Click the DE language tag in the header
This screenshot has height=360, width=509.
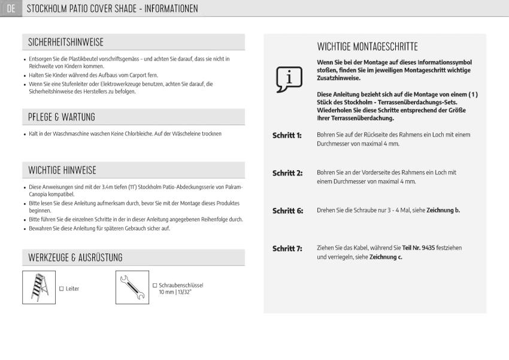click(11, 8)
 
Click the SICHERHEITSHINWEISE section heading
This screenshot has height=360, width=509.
click(66, 42)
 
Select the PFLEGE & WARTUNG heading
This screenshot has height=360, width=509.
click(61, 117)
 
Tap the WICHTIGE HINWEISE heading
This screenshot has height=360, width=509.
click(62, 170)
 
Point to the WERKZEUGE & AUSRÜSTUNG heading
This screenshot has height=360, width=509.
click(75, 258)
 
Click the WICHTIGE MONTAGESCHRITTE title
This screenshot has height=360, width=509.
click(367, 47)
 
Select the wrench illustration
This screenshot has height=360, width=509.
click(132, 288)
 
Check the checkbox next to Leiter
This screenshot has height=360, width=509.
click(61, 289)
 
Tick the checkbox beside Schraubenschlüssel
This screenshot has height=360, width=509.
click(154, 286)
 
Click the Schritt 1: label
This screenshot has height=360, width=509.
click(287, 135)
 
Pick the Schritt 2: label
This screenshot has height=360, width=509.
click(287, 173)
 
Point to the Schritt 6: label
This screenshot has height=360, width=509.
click(287, 211)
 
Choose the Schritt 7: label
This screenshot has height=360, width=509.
click(287, 249)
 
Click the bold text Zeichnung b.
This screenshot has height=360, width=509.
click(443, 210)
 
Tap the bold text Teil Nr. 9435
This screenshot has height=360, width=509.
click(419, 247)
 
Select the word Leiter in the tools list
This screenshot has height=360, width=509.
click(72, 289)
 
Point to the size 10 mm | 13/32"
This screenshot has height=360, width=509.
click(175, 292)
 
